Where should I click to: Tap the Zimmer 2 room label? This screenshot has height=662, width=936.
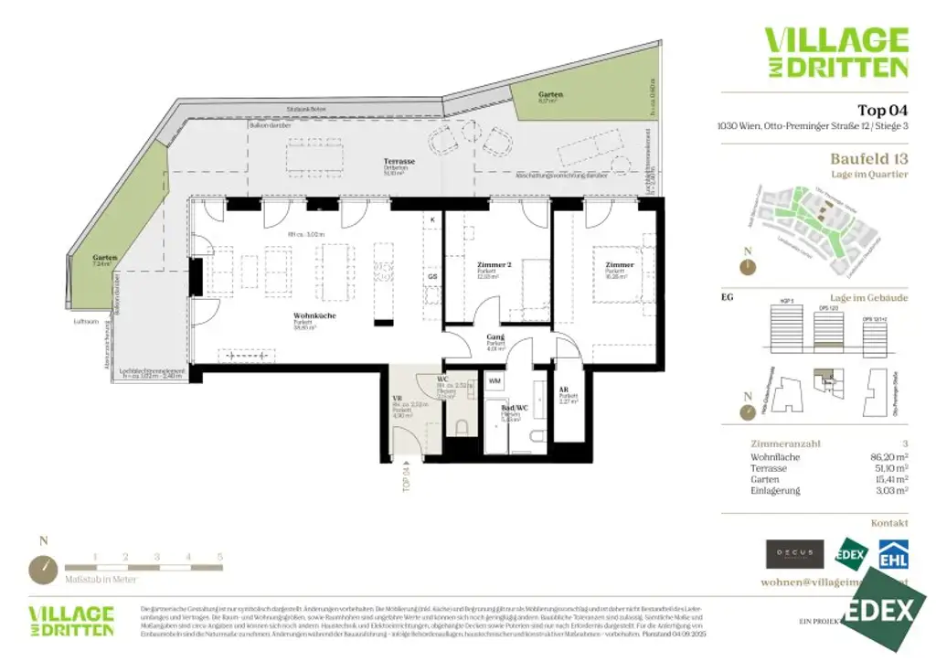494,266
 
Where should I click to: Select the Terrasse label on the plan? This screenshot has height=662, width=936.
399,162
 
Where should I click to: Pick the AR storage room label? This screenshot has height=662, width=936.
564,390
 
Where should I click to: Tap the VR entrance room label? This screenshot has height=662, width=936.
398,399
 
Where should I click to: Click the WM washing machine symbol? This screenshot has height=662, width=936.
495,379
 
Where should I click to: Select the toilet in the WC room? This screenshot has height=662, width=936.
462,426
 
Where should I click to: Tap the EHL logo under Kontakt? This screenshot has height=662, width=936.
893,555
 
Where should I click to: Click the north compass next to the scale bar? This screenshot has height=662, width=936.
44,568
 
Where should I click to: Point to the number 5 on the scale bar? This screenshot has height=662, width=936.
219,556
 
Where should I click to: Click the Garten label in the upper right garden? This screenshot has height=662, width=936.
550,94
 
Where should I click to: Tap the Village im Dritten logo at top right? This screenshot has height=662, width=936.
836,52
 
